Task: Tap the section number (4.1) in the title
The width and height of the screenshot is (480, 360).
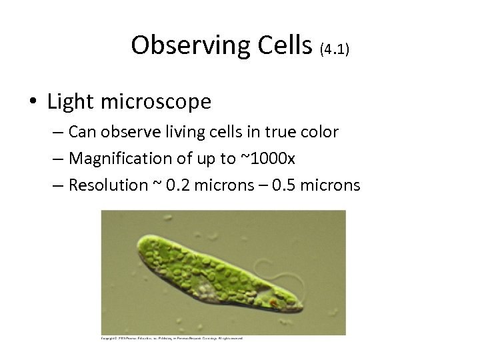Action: click(x=334, y=48)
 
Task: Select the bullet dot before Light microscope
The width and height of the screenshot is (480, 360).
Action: click(x=31, y=102)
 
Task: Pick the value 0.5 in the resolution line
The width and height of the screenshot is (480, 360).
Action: click(x=284, y=185)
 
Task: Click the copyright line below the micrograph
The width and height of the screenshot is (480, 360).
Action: click(x=172, y=338)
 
